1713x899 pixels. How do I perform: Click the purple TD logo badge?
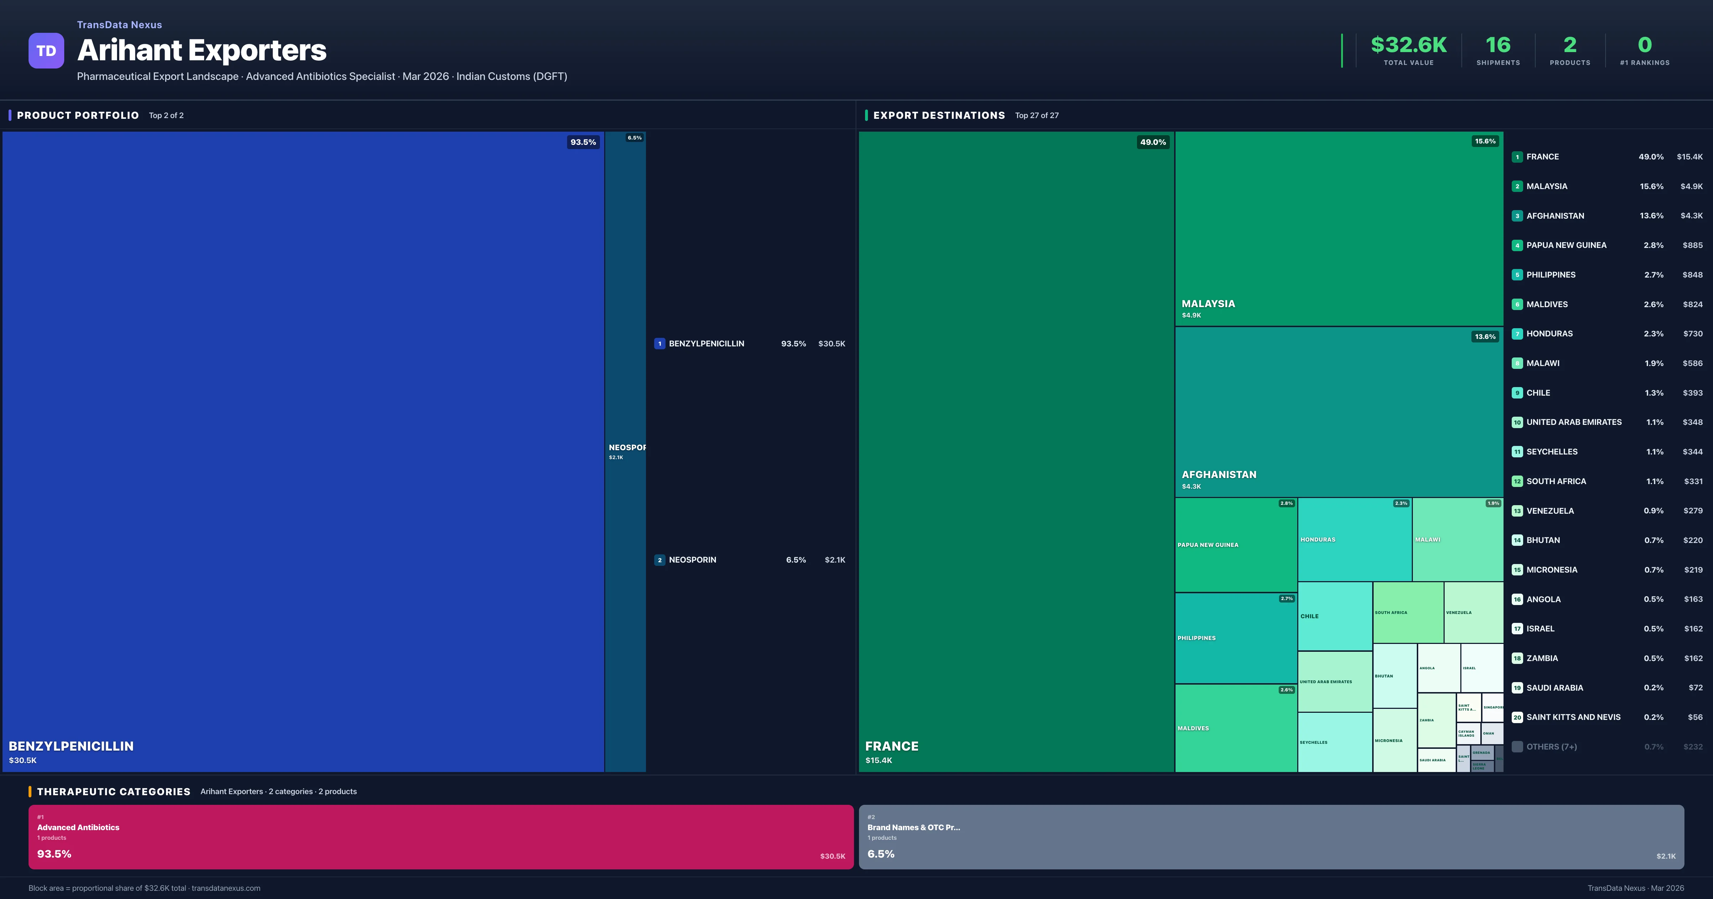pos(46,51)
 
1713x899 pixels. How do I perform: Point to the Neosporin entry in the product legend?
pos(692,560)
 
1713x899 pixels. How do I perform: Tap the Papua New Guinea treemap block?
pos(1236,545)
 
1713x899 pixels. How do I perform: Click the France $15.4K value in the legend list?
pos(1689,157)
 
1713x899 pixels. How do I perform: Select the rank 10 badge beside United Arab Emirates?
pos(1517,422)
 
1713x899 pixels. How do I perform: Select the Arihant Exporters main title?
pos(202,51)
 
